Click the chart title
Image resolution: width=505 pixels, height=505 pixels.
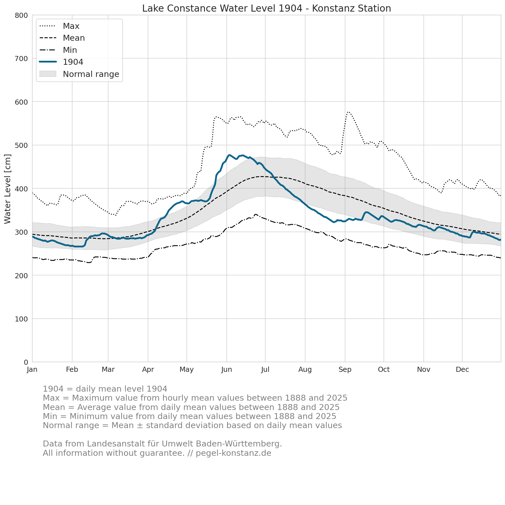[x=266, y=8]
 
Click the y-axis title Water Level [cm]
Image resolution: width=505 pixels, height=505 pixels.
[x=8, y=189]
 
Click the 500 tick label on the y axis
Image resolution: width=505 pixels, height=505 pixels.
[x=21, y=145]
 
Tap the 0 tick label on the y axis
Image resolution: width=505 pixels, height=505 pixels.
[x=26, y=362]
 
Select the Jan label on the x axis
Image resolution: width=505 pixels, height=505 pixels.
[x=32, y=370]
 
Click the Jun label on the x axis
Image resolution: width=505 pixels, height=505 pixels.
[x=226, y=370]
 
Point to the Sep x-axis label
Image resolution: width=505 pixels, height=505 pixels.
[x=345, y=370]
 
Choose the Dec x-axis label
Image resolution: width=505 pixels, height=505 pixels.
[x=462, y=370]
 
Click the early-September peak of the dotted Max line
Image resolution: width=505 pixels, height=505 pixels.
[x=348, y=112]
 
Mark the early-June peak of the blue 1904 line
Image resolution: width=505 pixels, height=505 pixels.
[x=229, y=155]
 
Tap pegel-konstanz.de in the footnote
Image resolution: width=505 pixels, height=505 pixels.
[x=234, y=453]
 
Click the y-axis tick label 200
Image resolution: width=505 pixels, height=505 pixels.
[x=21, y=275]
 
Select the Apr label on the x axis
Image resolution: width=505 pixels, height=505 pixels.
[x=148, y=370]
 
